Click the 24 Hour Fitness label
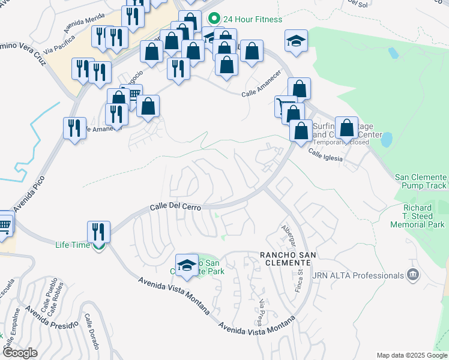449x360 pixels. coord(252,19)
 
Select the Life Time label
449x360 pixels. coord(73,245)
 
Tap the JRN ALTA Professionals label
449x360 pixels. coord(358,275)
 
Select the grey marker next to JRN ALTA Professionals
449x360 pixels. coord(412,275)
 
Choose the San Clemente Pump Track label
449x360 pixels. coord(421,181)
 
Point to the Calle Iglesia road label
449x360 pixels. coord(325,155)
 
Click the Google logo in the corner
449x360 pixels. coord(20,353)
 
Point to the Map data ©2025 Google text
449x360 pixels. coord(411,355)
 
